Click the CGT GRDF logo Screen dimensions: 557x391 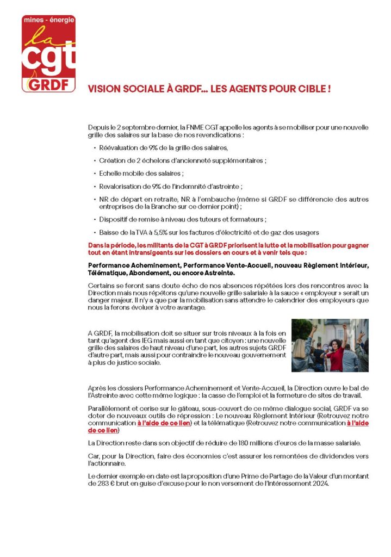(x=48, y=54)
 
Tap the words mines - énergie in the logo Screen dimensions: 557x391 (x=48, y=20)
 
